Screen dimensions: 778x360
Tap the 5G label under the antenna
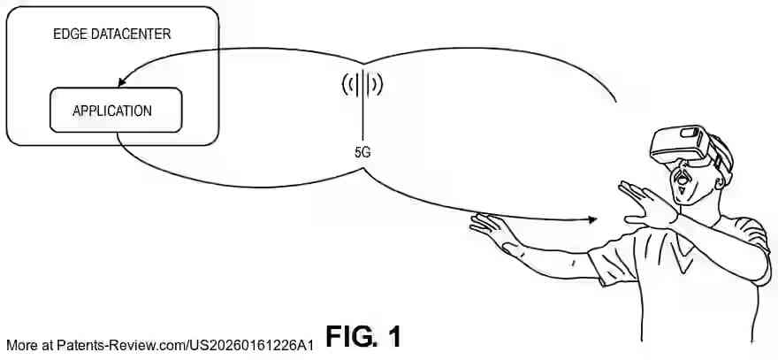pos(362,152)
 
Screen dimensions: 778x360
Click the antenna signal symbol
pos(362,83)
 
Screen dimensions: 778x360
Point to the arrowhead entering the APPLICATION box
pos(122,82)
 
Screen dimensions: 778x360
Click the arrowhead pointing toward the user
pos(591,219)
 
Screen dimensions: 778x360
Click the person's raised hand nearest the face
pos(646,203)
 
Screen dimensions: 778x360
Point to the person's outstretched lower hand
pos(492,229)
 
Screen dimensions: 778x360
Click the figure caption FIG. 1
pos(363,337)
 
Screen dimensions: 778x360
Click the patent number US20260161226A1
pos(253,346)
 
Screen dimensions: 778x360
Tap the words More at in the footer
pos(30,346)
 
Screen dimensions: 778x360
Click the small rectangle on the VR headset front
pos(690,133)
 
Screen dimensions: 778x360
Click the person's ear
pos(720,181)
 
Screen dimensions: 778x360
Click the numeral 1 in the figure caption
pos(393,337)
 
